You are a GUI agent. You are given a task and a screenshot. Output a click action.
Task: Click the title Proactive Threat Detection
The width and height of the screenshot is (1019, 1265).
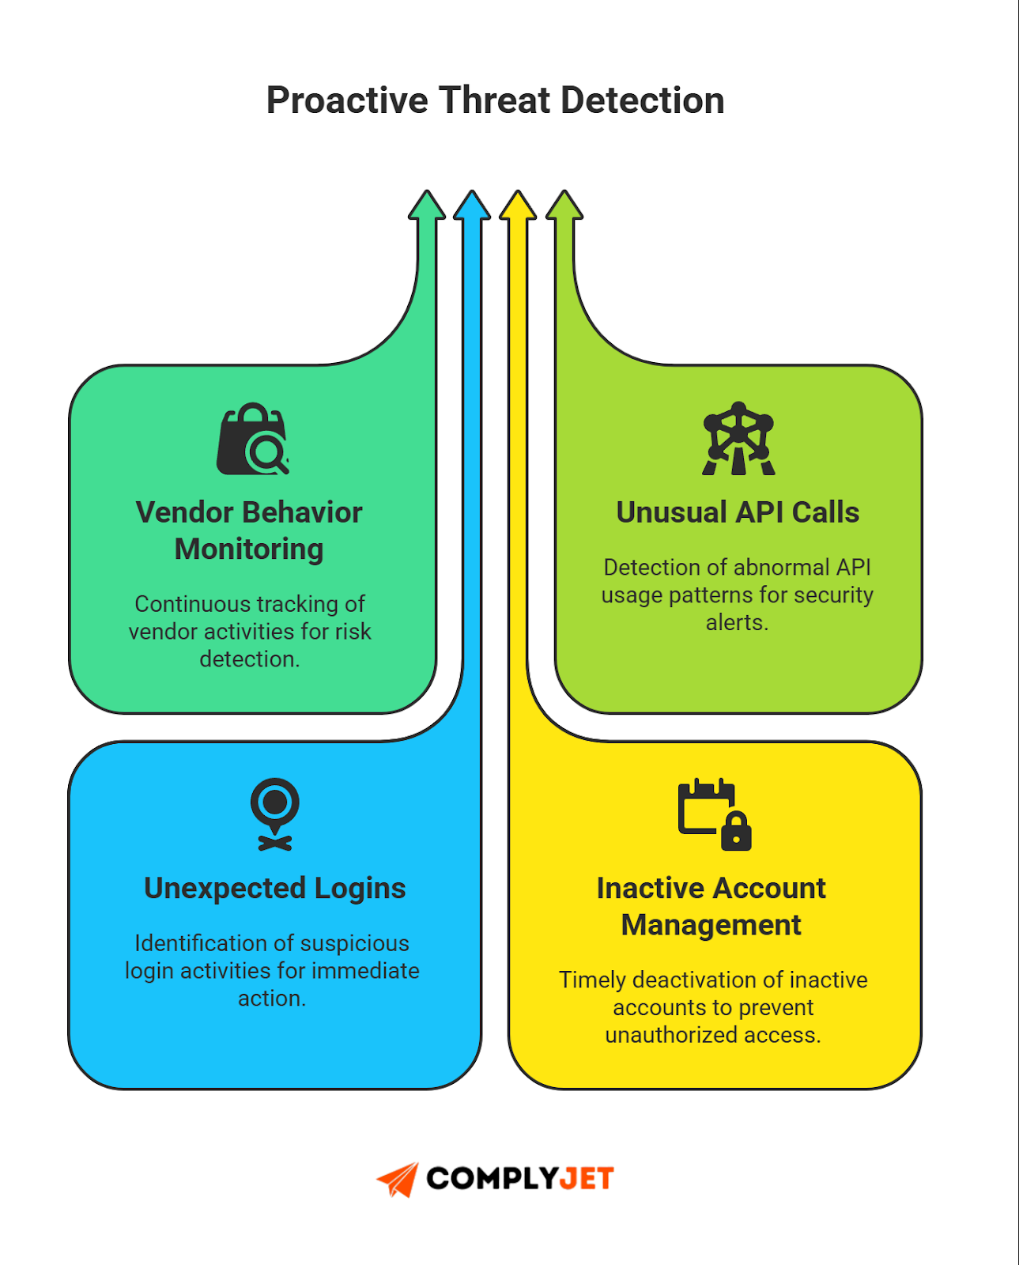pyautogui.click(x=495, y=101)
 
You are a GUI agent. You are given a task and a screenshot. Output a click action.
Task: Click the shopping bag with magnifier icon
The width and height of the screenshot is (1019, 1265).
pyautogui.click(x=252, y=440)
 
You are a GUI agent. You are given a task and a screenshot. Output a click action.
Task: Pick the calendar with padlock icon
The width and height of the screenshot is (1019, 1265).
pyautogui.click(x=714, y=814)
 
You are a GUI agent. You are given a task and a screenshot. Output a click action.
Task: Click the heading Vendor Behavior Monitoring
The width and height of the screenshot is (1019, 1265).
pyautogui.click(x=249, y=531)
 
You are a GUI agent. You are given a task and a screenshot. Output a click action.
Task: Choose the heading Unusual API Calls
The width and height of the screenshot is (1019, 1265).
pyautogui.click(x=738, y=512)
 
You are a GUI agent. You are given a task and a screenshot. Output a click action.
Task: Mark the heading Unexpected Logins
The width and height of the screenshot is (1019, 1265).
pyautogui.click(x=274, y=889)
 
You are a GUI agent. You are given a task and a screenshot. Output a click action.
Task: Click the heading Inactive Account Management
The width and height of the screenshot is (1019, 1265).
pyautogui.click(x=711, y=906)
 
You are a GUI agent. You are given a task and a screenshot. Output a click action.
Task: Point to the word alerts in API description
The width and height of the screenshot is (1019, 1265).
pyautogui.click(x=736, y=623)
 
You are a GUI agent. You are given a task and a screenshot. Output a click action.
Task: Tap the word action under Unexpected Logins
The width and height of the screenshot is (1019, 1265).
pyautogui.click(x=270, y=999)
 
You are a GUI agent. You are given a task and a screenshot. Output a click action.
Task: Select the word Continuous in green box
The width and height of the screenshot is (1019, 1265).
pyautogui.click(x=192, y=604)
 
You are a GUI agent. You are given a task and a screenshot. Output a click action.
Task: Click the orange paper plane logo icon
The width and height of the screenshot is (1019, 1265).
pyautogui.click(x=398, y=1179)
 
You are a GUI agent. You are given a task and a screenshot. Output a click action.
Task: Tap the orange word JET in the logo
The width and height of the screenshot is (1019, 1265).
pyautogui.click(x=586, y=1179)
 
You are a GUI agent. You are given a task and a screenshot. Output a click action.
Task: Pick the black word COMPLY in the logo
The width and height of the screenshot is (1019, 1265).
pyautogui.click(x=492, y=1179)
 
